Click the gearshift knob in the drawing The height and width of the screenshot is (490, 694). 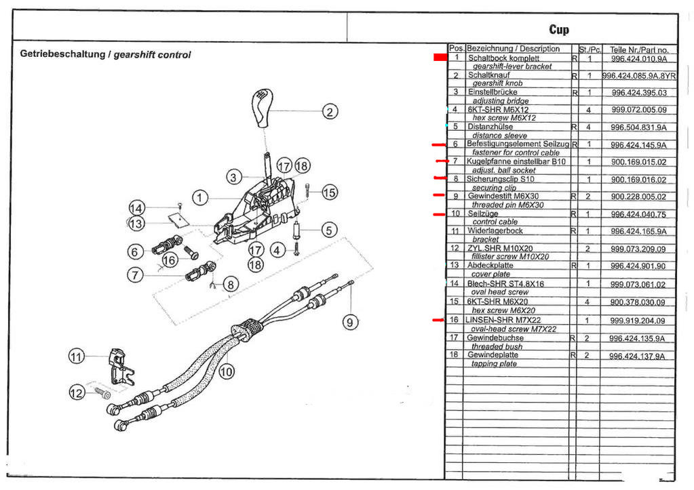coord(263,107)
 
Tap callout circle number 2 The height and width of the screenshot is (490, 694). coord(330,112)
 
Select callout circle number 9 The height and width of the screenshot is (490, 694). coord(350,323)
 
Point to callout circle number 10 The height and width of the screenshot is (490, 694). coord(227,371)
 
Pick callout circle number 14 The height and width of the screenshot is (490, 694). coord(137,209)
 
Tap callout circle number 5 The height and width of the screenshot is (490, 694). coord(330,230)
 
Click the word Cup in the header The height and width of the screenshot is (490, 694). coord(559,29)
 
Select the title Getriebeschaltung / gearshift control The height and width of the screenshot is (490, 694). coord(105,55)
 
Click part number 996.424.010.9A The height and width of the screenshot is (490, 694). coord(638,58)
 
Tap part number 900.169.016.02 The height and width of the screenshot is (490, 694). coord(638,180)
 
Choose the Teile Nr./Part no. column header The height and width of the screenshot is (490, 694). coord(638,49)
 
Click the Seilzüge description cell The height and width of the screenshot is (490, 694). coord(483,214)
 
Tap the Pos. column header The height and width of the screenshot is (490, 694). coord(456,49)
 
